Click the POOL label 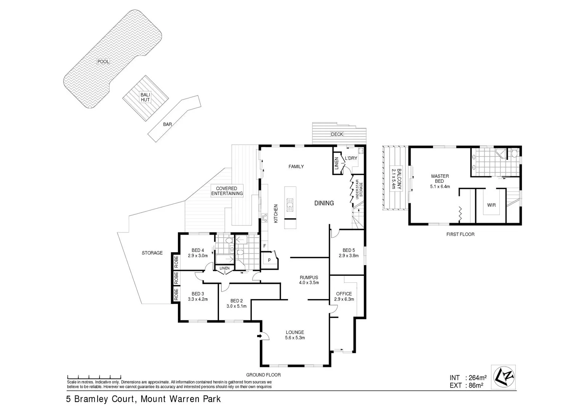pos(103,61)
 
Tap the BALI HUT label pos(145,97)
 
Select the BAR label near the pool pos(167,124)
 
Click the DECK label pos(337,134)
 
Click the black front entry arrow pos(260,336)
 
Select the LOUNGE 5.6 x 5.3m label pos(295,335)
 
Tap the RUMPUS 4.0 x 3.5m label pos(309,280)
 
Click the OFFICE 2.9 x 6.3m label pos(344,296)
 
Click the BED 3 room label pos(198,296)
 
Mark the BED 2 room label pos(237,303)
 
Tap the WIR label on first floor pos(491,205)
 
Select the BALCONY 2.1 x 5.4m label pos(397,179)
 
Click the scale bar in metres pos(94,377)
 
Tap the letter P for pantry pos(269,260)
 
